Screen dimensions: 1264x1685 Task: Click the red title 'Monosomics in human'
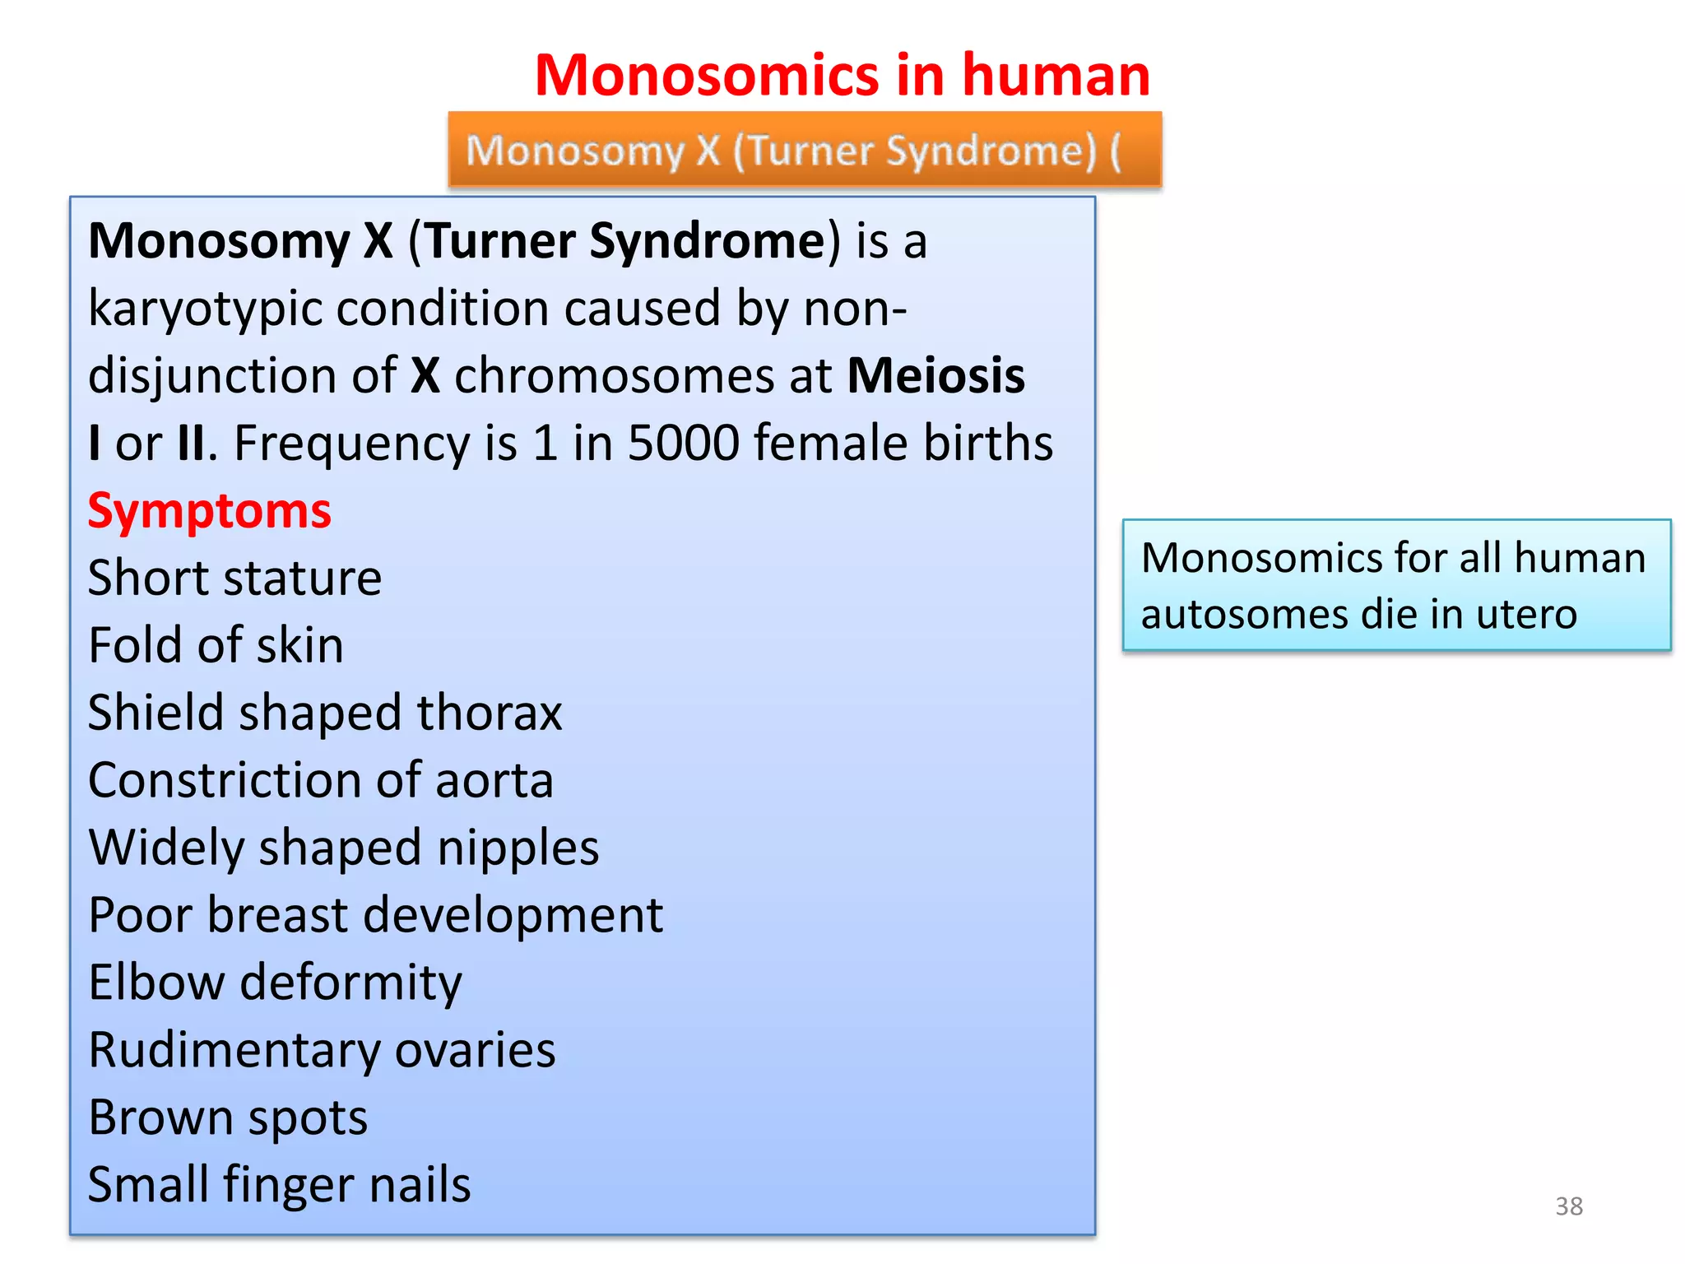842,75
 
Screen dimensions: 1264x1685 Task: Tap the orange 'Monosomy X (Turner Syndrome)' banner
804,151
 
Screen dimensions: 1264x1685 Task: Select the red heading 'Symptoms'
209,510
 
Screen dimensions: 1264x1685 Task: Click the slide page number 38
1568,1206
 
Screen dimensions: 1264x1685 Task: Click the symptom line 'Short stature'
234,578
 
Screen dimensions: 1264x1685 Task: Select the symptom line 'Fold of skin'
216,645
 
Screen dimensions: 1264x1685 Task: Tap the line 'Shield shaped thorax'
324,713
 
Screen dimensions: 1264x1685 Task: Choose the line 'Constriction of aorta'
320,780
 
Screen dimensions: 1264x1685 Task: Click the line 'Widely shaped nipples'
343,848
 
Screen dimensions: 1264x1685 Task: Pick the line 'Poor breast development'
375,915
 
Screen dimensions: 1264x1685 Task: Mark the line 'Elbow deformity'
275,983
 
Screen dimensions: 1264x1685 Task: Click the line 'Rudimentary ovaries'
322,1050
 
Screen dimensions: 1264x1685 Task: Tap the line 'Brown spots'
228,1118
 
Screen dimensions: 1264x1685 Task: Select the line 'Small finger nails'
279,1185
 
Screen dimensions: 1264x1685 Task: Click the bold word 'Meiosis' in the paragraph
935,375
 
